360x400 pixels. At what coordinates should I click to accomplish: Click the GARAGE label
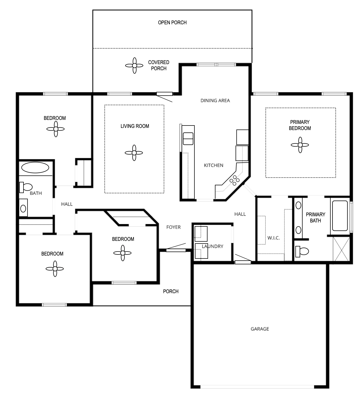click(260, 329)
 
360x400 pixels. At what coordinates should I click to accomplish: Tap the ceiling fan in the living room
click(134, 153)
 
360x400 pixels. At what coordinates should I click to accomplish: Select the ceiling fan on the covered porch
click(134, 65)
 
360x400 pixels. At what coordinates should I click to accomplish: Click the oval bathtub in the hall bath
click(35, 167)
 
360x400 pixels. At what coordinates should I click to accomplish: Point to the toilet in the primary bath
click(302, 252)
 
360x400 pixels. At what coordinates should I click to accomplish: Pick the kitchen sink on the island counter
click(188, 139)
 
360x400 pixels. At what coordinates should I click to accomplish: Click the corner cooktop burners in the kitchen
click(234, 180)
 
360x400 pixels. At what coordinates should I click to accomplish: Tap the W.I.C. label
click(273, 238)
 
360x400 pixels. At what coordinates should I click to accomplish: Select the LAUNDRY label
click(212, 246)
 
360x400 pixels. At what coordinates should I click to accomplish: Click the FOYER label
click(173, 227)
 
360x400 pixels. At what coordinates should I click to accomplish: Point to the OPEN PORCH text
click(172, 22)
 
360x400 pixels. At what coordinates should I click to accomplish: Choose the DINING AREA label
click(215, 100)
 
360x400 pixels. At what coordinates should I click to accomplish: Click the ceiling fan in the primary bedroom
click(300, 145)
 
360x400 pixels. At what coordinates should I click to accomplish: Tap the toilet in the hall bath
click(26, 187)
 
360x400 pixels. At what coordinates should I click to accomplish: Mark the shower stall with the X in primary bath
click(341, 249)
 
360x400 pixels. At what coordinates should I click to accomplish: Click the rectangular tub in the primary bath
click(340, 216)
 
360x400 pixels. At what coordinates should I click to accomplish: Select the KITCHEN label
click(213, 165)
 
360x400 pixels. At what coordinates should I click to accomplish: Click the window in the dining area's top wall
click(216, 65)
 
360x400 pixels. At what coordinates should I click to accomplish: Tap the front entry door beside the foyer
click(176, 250)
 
